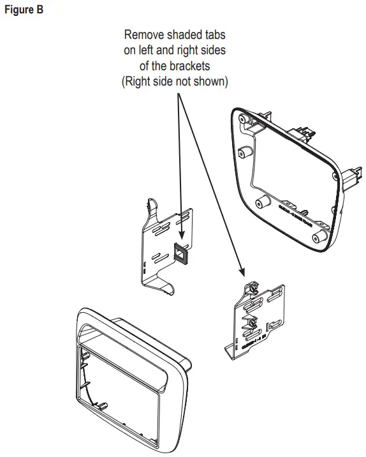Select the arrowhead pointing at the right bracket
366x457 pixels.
244,273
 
